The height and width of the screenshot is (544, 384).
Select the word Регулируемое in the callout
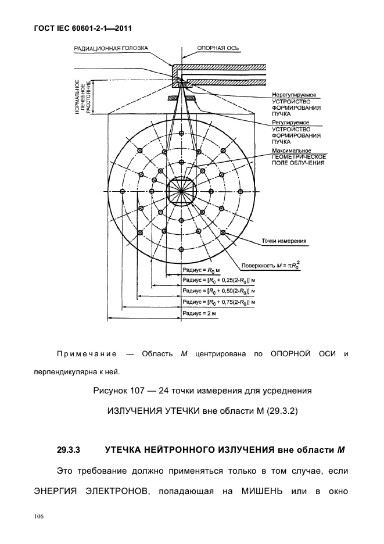click(x=290, y=123)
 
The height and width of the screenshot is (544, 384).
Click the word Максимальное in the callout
click(x=290, y=151)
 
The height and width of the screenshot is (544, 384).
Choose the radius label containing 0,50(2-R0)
click(x=219, y=291)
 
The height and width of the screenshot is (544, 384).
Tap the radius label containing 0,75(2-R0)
click(x=219, y=302)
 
